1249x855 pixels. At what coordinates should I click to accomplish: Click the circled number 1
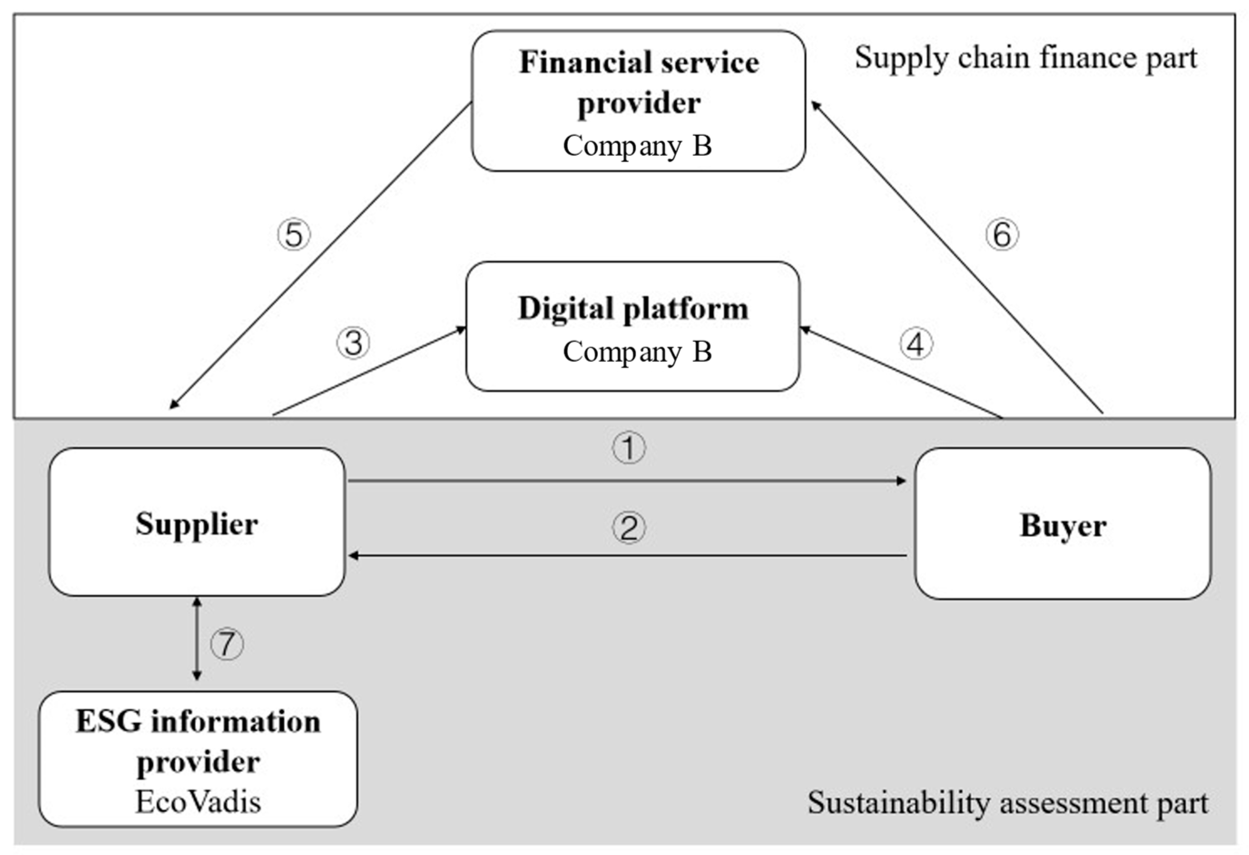pos(628,448)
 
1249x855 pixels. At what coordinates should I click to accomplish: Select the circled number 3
pos(353,343)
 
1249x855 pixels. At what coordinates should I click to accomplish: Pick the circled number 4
pos(916,344)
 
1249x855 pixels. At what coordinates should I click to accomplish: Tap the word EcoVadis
pos(198,802)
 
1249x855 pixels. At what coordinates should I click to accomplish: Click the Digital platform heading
pos(633,309)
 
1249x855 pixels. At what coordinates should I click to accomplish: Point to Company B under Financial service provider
pos(637,146)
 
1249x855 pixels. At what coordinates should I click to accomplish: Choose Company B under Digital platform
pos(637,352)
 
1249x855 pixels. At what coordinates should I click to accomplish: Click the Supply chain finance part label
pos(1025,58)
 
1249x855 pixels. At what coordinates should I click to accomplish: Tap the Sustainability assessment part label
pos(1008,803)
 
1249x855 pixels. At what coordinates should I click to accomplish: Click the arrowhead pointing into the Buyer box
pos(902,480)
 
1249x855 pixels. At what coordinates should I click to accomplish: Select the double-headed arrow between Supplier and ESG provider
pos(197,639)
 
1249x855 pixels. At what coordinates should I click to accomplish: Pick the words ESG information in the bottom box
pos(198,722)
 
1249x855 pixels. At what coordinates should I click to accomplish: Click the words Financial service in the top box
pos(639,62)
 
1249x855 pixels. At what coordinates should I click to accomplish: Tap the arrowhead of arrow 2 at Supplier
pos(353,556)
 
